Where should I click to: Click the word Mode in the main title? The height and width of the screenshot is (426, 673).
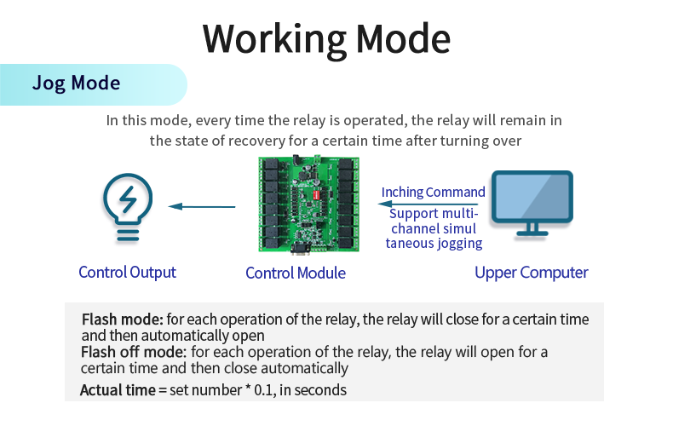click(403, 38)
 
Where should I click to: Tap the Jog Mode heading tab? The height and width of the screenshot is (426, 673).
click(77, 83)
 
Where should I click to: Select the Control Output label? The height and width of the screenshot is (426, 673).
click(127, 273)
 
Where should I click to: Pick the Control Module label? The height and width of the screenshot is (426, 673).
click(296, 273)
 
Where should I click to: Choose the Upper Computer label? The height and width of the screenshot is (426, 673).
click(531, 273)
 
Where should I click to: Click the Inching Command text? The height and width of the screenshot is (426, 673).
click(433, 193)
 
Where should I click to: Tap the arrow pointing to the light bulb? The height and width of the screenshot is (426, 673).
click(202, 206)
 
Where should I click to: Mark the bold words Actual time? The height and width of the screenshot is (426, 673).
click(118, 390)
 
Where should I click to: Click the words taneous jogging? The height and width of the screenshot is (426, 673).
click(434, 244)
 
